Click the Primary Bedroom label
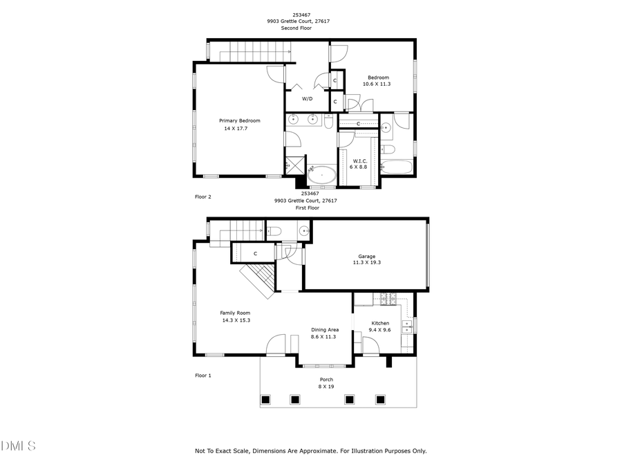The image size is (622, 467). tap(240, 120)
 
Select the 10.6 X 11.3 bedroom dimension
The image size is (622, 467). tap(377, 84)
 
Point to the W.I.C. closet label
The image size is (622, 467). tap(359, 161)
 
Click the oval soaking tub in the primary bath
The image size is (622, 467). tap(321, 176)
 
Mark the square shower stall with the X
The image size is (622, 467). tap(293, 166)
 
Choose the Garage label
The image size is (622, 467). tap(366, 256)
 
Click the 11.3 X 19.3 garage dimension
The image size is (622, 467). tap(366, 263)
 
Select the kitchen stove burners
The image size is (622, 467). tap(388, 299)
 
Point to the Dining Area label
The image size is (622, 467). tap(325, 329)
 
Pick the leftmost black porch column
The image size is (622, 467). tap(265, 399)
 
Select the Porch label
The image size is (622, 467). tap(326, 380)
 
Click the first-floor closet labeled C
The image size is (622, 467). tap(255, 254)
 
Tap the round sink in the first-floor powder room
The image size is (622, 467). tap(303, 230)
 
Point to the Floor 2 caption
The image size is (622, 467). tap(203, 197)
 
